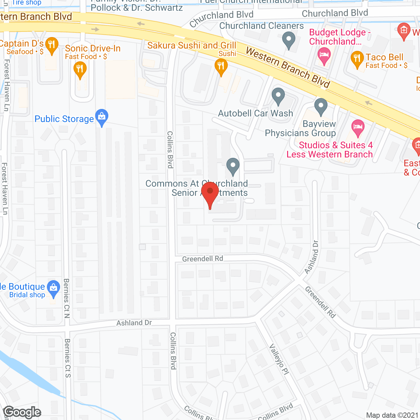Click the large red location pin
[x=210, y=194]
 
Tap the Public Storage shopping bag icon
[x=102, y=117]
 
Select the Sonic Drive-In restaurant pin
[x=80, y=70]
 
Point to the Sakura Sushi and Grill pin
[x=221, y=67]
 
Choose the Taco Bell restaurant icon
[x=357, y=59]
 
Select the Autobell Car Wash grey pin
[x=278, y=96]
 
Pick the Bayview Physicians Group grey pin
[x=321, y=106]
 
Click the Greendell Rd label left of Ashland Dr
[x=202, y=259]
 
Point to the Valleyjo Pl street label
[x=279, y=359]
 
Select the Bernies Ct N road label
[x=67, y=298]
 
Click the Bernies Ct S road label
[x=67, y=358]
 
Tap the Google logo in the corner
[x=22, y=412]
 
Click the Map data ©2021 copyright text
[x=392, y=415]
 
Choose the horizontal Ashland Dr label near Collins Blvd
[x=134, y=323]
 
